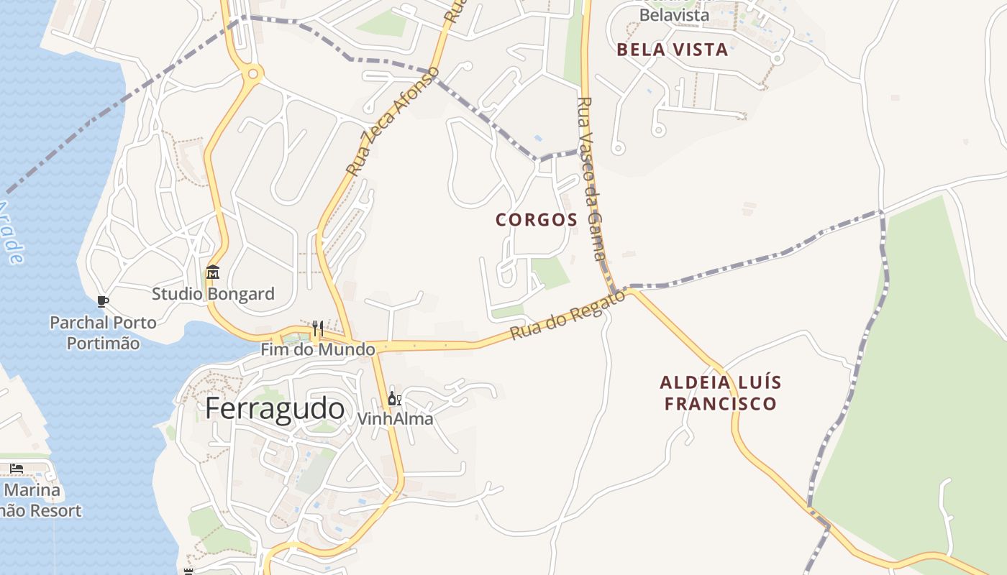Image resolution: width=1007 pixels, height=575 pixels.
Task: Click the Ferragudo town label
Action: click(x=275, y=409)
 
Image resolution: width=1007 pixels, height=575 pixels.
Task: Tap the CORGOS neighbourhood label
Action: click(x=537, y=220)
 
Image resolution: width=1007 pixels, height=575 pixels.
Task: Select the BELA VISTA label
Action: click(x=673, y=50)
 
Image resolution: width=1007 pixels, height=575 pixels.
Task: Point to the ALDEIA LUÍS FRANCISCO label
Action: click(x=720, y=393)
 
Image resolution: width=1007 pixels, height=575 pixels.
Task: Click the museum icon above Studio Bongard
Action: click(x=213, y=272)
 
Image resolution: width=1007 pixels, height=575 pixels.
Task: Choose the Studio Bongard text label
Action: click(x=213, y=294)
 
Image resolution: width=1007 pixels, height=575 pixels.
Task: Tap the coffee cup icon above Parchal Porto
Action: click(x=103, y=301)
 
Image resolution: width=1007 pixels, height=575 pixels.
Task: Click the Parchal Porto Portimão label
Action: click(x=103, y=333)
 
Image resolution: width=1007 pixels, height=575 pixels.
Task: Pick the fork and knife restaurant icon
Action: click(x=317, y=328)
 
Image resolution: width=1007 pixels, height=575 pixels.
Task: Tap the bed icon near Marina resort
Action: click(x=17, y=469)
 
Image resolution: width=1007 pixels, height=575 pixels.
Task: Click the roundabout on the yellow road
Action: click(x=252, y=73)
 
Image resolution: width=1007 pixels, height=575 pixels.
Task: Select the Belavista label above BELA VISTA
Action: click(x=674, y=14)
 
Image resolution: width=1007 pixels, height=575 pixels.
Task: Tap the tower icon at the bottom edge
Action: click(x=189, y=571)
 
